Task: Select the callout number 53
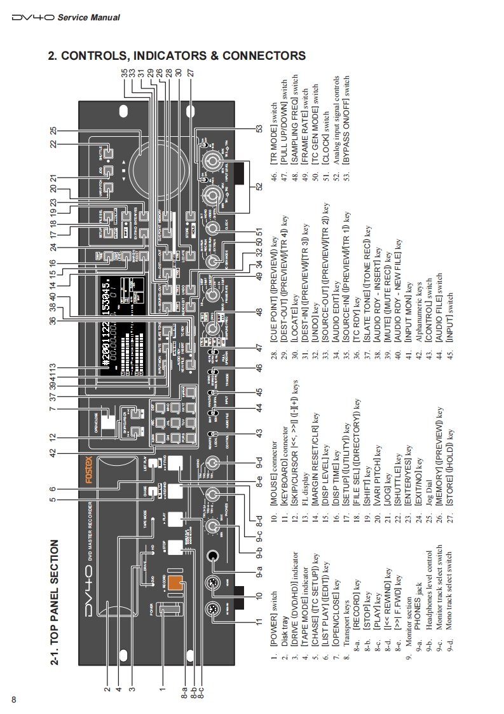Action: (x=259, y=129)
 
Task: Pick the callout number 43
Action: (x=259, y=433)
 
